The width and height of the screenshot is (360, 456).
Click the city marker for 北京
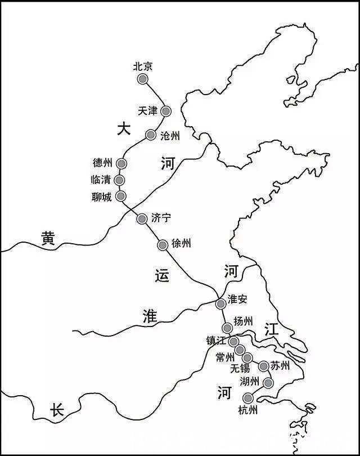click(143, 79)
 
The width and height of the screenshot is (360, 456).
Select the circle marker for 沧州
click(151, 135)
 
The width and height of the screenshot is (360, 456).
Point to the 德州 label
click(102, 163)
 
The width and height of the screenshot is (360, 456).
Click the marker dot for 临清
click(119, 180)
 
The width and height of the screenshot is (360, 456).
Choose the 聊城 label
click(101, 197)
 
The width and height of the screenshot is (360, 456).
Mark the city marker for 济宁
click(142, 218)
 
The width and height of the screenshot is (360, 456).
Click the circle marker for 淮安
click(221, 304)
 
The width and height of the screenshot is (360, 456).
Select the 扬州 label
click(244, 322)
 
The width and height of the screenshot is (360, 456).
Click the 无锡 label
click(240, 369)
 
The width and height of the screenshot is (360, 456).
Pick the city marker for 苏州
click(264, 366)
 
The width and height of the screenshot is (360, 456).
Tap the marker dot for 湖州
click(268, 383)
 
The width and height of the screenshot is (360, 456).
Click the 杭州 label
click(248, 410)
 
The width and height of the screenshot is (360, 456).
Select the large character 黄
click(48, 239)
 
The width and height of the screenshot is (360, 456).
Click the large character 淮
click(150, 316)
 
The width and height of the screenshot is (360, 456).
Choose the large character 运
click(161, 276)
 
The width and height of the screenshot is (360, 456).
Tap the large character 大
click(123, 129)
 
